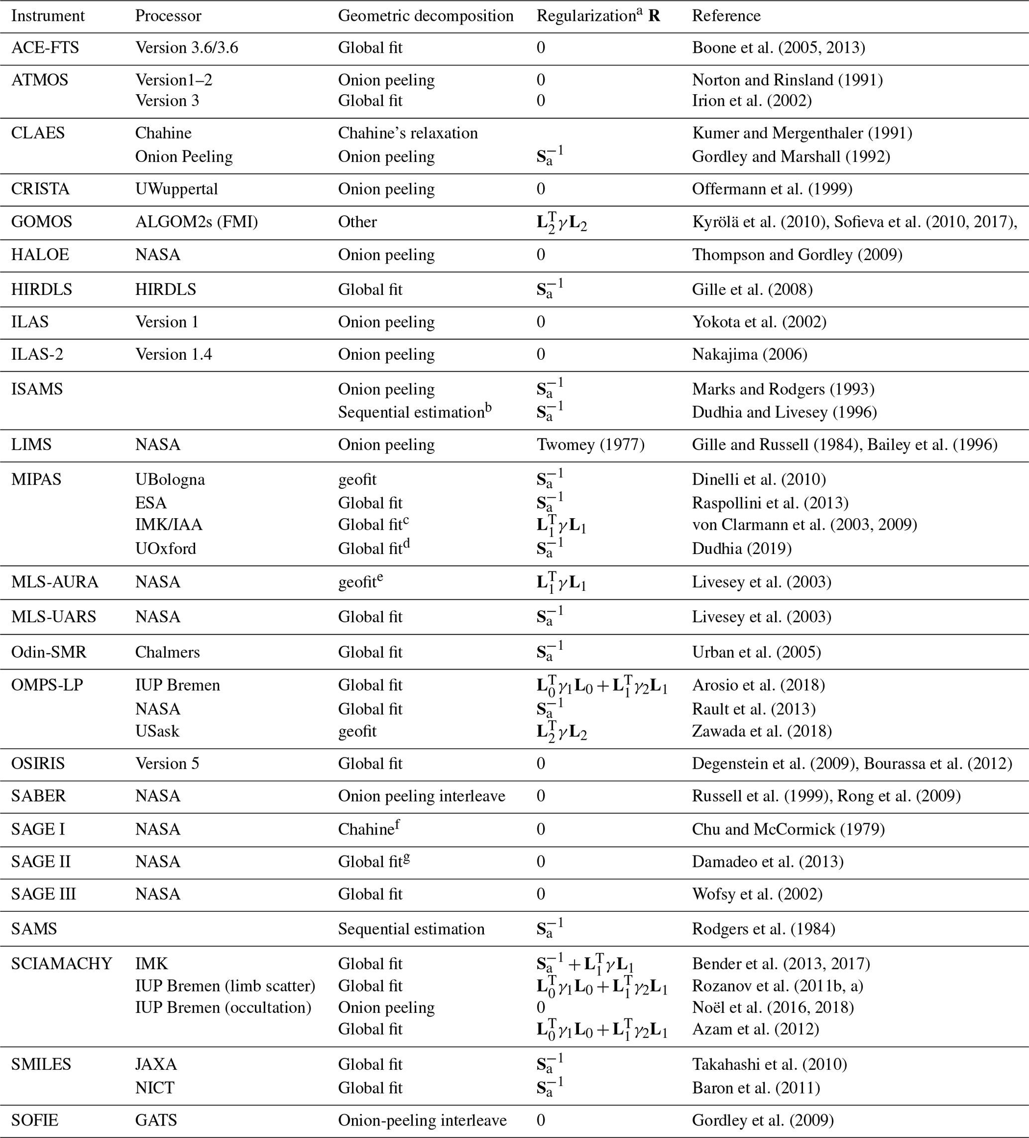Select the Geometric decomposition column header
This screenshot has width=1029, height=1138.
(425, 16)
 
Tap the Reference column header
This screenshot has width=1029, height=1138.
(726, 16)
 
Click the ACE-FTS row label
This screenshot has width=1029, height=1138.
(45, 47)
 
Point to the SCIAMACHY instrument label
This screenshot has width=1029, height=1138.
(62, 964)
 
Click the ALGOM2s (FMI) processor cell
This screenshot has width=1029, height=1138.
(196, 222)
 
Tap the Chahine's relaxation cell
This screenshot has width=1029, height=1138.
(407, 133)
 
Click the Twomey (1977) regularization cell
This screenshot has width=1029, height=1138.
(590, 445)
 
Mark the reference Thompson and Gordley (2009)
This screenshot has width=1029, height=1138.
(797, 255)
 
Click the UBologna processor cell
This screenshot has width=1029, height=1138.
(170, 480)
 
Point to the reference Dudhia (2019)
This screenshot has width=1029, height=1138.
(742, 549)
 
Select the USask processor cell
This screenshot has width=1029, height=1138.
(157, 731)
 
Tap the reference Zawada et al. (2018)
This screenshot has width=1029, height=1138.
(762, 731)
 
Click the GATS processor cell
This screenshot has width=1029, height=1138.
(155, 1121)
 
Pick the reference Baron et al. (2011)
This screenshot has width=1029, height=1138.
(756, 1088)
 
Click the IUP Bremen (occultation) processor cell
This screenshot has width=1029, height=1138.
(223, 1007)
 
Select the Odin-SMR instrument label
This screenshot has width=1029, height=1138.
(48, 653)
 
